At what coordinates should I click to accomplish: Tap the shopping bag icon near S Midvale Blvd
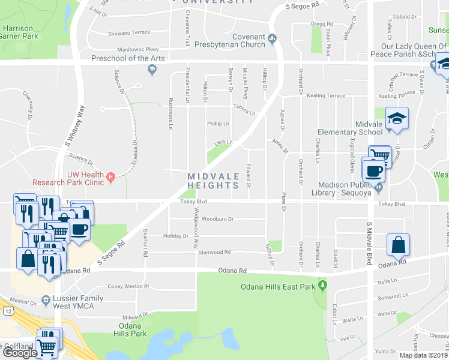pyautogui.click(x=399, y=245)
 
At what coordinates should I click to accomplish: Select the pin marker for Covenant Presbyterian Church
pyautogui.click(x=273, y=40)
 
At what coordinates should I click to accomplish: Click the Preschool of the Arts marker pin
pyautogui.click(x=151, y=70)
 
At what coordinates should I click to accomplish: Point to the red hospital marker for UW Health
pyautogui.click(x=111, y=177)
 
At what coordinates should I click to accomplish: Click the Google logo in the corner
pyautogui.click(x=20, y=353)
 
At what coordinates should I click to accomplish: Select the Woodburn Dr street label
pyautogui.click(x=217, y=219)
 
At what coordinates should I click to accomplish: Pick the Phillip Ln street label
pyautogui.click(x=218, y=124)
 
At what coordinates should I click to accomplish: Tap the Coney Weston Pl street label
pyautogui.click(x=127, y=286)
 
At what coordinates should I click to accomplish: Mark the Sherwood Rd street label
pyautogui.click(x=214, y=253)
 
